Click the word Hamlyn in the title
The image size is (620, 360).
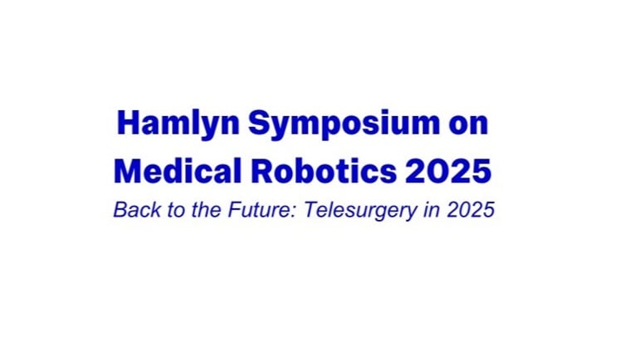(178, 124)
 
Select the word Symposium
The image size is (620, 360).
(344, 124)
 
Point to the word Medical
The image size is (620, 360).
(178, 171)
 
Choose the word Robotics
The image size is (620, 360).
(324, 171)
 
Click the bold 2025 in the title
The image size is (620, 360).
(448, 171)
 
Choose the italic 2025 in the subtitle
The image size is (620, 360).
(471, 209)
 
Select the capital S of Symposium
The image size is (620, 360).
(259, 123)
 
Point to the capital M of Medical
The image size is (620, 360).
(128, 171)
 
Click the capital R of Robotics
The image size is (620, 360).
(262, 171)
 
